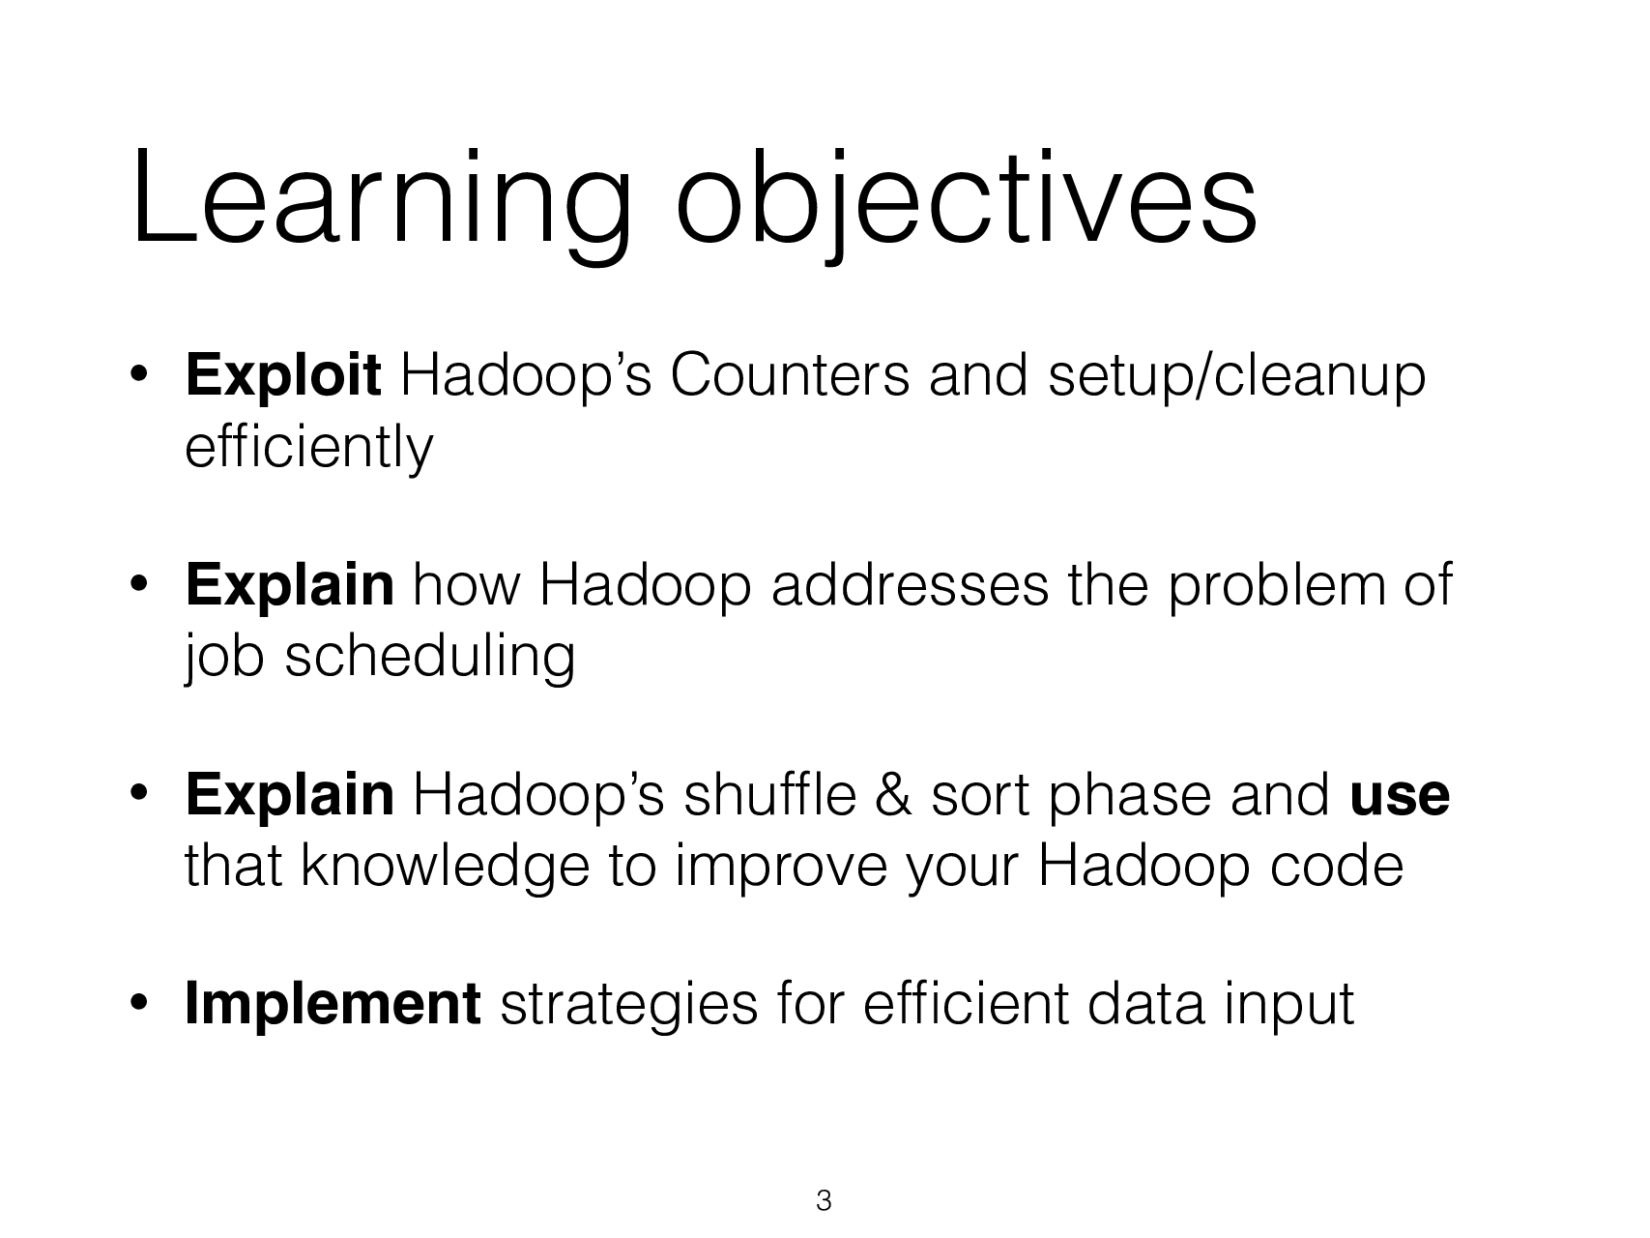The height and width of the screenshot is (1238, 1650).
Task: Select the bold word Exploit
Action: point(282,376)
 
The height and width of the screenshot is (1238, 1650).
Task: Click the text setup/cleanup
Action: point(1236,376)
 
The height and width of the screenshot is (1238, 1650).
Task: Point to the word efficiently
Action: point(308,447)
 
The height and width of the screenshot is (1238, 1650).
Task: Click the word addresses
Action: point(909,586)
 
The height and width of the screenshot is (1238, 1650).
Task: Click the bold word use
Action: point(1399,796)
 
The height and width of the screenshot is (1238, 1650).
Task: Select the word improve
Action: point(780,867)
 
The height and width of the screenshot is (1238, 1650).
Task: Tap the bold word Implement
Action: point(333,1005)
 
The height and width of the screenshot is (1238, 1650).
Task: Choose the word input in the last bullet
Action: point(1289,1005)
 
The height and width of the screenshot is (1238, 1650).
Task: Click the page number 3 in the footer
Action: point(824,1201)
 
